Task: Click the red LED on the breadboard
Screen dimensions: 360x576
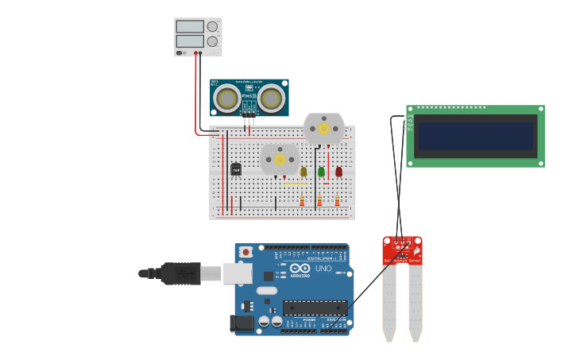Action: (338, 171)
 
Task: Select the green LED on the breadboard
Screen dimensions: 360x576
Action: (321, 171)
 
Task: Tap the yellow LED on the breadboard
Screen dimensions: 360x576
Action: (303, 171)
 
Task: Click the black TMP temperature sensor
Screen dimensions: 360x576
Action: (236, 168)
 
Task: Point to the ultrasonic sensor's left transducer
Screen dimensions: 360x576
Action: (228, 98)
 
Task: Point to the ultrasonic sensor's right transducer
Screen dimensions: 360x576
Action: (272, 98)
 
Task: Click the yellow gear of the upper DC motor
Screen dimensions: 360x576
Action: (323, 128)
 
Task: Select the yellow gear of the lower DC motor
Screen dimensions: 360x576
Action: (280, 159)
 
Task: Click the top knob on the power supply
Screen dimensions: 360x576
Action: (212, 26)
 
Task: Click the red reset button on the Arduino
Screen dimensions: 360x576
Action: (245, 252)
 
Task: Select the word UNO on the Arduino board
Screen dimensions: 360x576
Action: (323, 269)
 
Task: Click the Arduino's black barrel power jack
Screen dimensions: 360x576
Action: (241, 323)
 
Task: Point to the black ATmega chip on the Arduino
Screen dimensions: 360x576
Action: (315, 308)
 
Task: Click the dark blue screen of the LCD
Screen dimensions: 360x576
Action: (476, 136)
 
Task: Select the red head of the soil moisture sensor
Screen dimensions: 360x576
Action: (402, 250)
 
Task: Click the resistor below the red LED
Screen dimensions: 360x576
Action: (338, 201)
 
